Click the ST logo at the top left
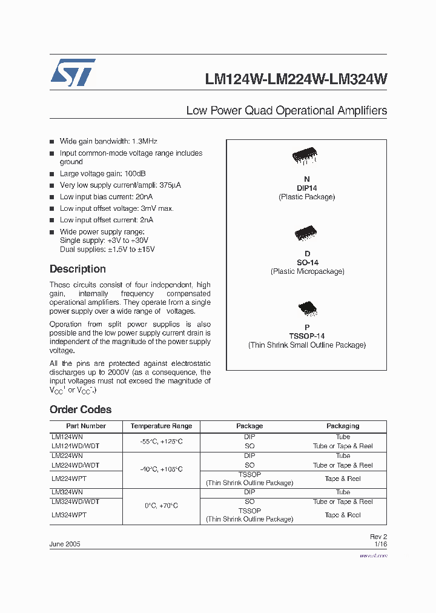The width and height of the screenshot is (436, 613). point(73,73)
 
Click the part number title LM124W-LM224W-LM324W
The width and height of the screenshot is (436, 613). point(296,79)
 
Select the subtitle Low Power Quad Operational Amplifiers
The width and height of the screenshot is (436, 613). point(286,111)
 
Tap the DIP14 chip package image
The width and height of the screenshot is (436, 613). point(306,157)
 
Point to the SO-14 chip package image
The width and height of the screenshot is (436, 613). point(306,233)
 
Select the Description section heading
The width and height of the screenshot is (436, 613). point(78,269)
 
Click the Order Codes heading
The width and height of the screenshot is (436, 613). point(81,409)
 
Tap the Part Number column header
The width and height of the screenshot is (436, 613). point(86,426)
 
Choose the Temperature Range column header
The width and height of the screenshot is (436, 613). point(161,426)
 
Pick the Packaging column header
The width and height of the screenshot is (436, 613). point(343,426)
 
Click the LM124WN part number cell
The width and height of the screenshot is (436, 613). point(67,437)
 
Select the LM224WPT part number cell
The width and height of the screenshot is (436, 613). point(69,479)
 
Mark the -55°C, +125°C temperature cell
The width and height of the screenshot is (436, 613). point(161,442)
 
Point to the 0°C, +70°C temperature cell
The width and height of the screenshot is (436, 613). point(161,506)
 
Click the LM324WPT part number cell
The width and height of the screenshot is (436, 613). point(69,515)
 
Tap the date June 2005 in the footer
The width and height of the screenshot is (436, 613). point(65,544)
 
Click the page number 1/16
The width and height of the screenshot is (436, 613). point(380,544)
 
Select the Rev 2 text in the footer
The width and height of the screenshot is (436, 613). point(378,537)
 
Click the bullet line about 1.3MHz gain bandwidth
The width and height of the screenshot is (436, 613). point(108,141)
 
